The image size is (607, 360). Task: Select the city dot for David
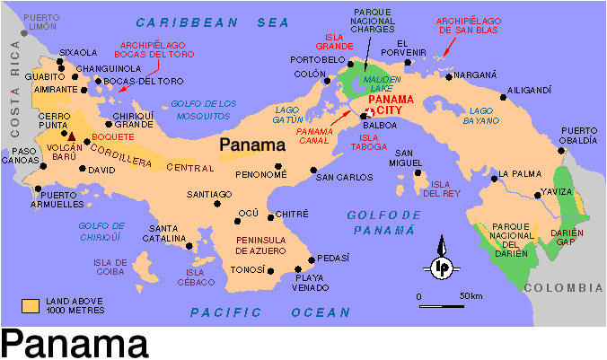84,168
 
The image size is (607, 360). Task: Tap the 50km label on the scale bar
471,296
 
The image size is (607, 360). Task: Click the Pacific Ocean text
269,312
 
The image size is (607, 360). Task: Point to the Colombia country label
563,288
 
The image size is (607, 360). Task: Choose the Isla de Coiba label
134,267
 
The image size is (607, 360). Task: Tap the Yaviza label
557,192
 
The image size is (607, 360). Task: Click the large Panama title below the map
75,344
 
